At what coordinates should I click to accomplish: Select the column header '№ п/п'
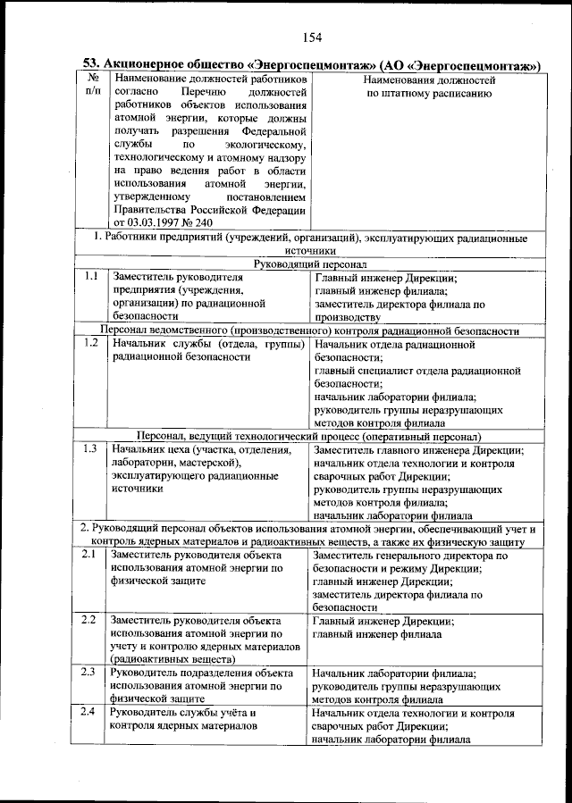92,86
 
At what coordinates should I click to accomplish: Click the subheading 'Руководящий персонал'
310,264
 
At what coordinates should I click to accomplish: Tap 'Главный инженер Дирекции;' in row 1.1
386,278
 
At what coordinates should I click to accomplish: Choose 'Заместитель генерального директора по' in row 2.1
410,555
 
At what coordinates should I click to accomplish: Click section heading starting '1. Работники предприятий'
310,238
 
